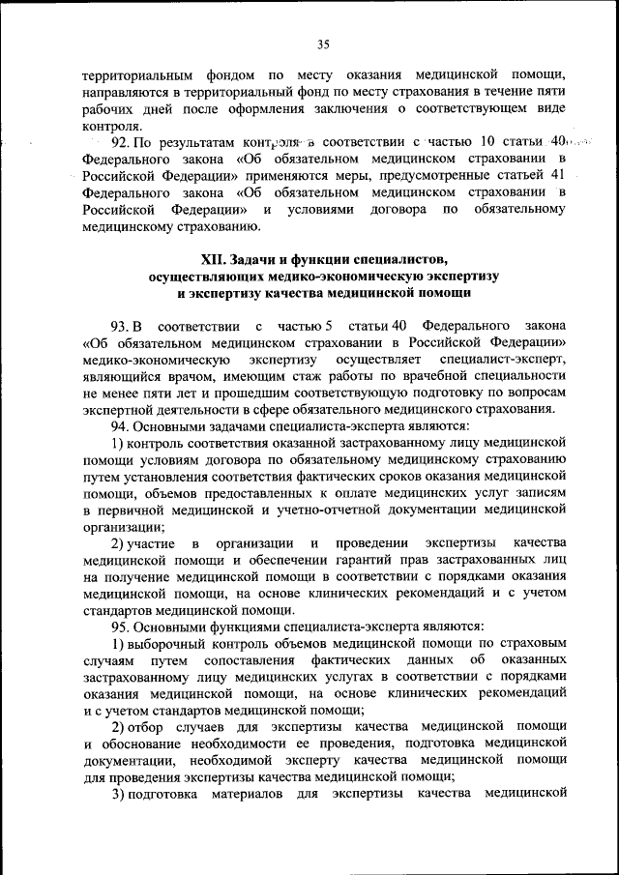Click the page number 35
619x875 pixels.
(x=323, y=43)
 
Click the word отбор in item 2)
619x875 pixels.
(x=146, y=726)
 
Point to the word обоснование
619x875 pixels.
(x=146, y=744)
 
